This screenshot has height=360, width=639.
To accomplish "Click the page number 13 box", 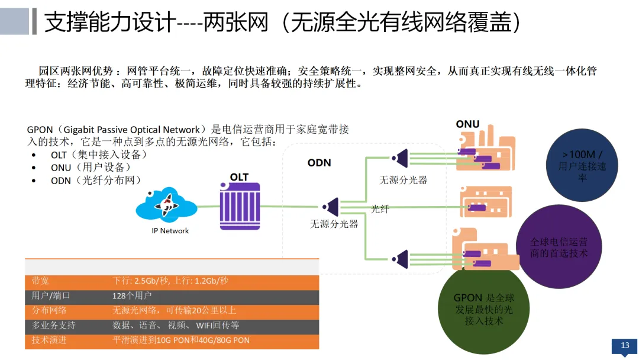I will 624,346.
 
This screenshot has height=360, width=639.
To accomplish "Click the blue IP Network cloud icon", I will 166,205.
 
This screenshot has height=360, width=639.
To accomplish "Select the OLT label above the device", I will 240,177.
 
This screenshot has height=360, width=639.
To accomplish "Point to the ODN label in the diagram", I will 319,163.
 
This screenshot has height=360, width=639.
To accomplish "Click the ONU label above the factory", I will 467,124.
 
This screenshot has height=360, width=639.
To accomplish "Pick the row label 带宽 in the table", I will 41,281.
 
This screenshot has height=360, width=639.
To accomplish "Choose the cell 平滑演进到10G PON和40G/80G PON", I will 181,340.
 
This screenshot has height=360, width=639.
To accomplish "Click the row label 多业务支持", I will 54,325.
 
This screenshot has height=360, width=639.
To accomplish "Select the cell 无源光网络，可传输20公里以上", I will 175,310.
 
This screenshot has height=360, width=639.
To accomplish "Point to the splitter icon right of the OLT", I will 330,207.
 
